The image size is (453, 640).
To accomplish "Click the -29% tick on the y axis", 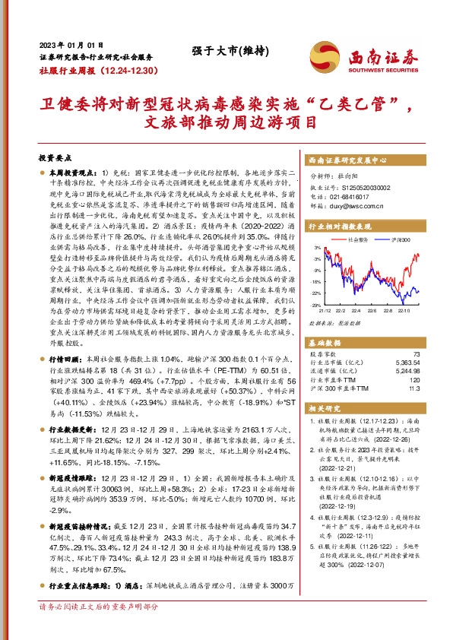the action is pyautogui.click(x=314, y=305).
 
